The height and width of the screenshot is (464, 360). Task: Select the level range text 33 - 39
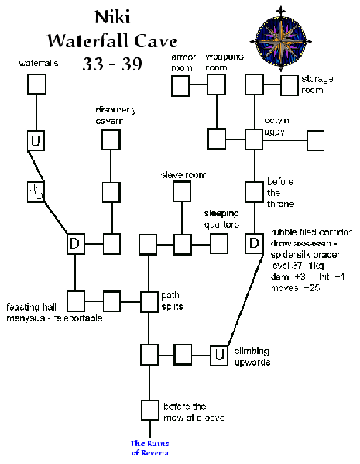(112, 64)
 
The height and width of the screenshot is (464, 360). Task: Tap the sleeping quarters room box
(219, 243)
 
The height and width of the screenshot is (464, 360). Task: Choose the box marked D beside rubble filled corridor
(254, 243)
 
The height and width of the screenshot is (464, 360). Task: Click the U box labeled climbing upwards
(220, 355)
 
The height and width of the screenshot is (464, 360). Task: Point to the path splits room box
(149, 301)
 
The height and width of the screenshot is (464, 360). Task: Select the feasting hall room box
(76, 301)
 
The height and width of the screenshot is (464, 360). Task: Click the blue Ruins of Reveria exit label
(149, 448)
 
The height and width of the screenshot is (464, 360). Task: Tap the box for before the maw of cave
(149, 409)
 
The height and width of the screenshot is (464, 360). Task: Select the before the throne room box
(254, 191)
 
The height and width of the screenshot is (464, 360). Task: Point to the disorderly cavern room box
(111, 140)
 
